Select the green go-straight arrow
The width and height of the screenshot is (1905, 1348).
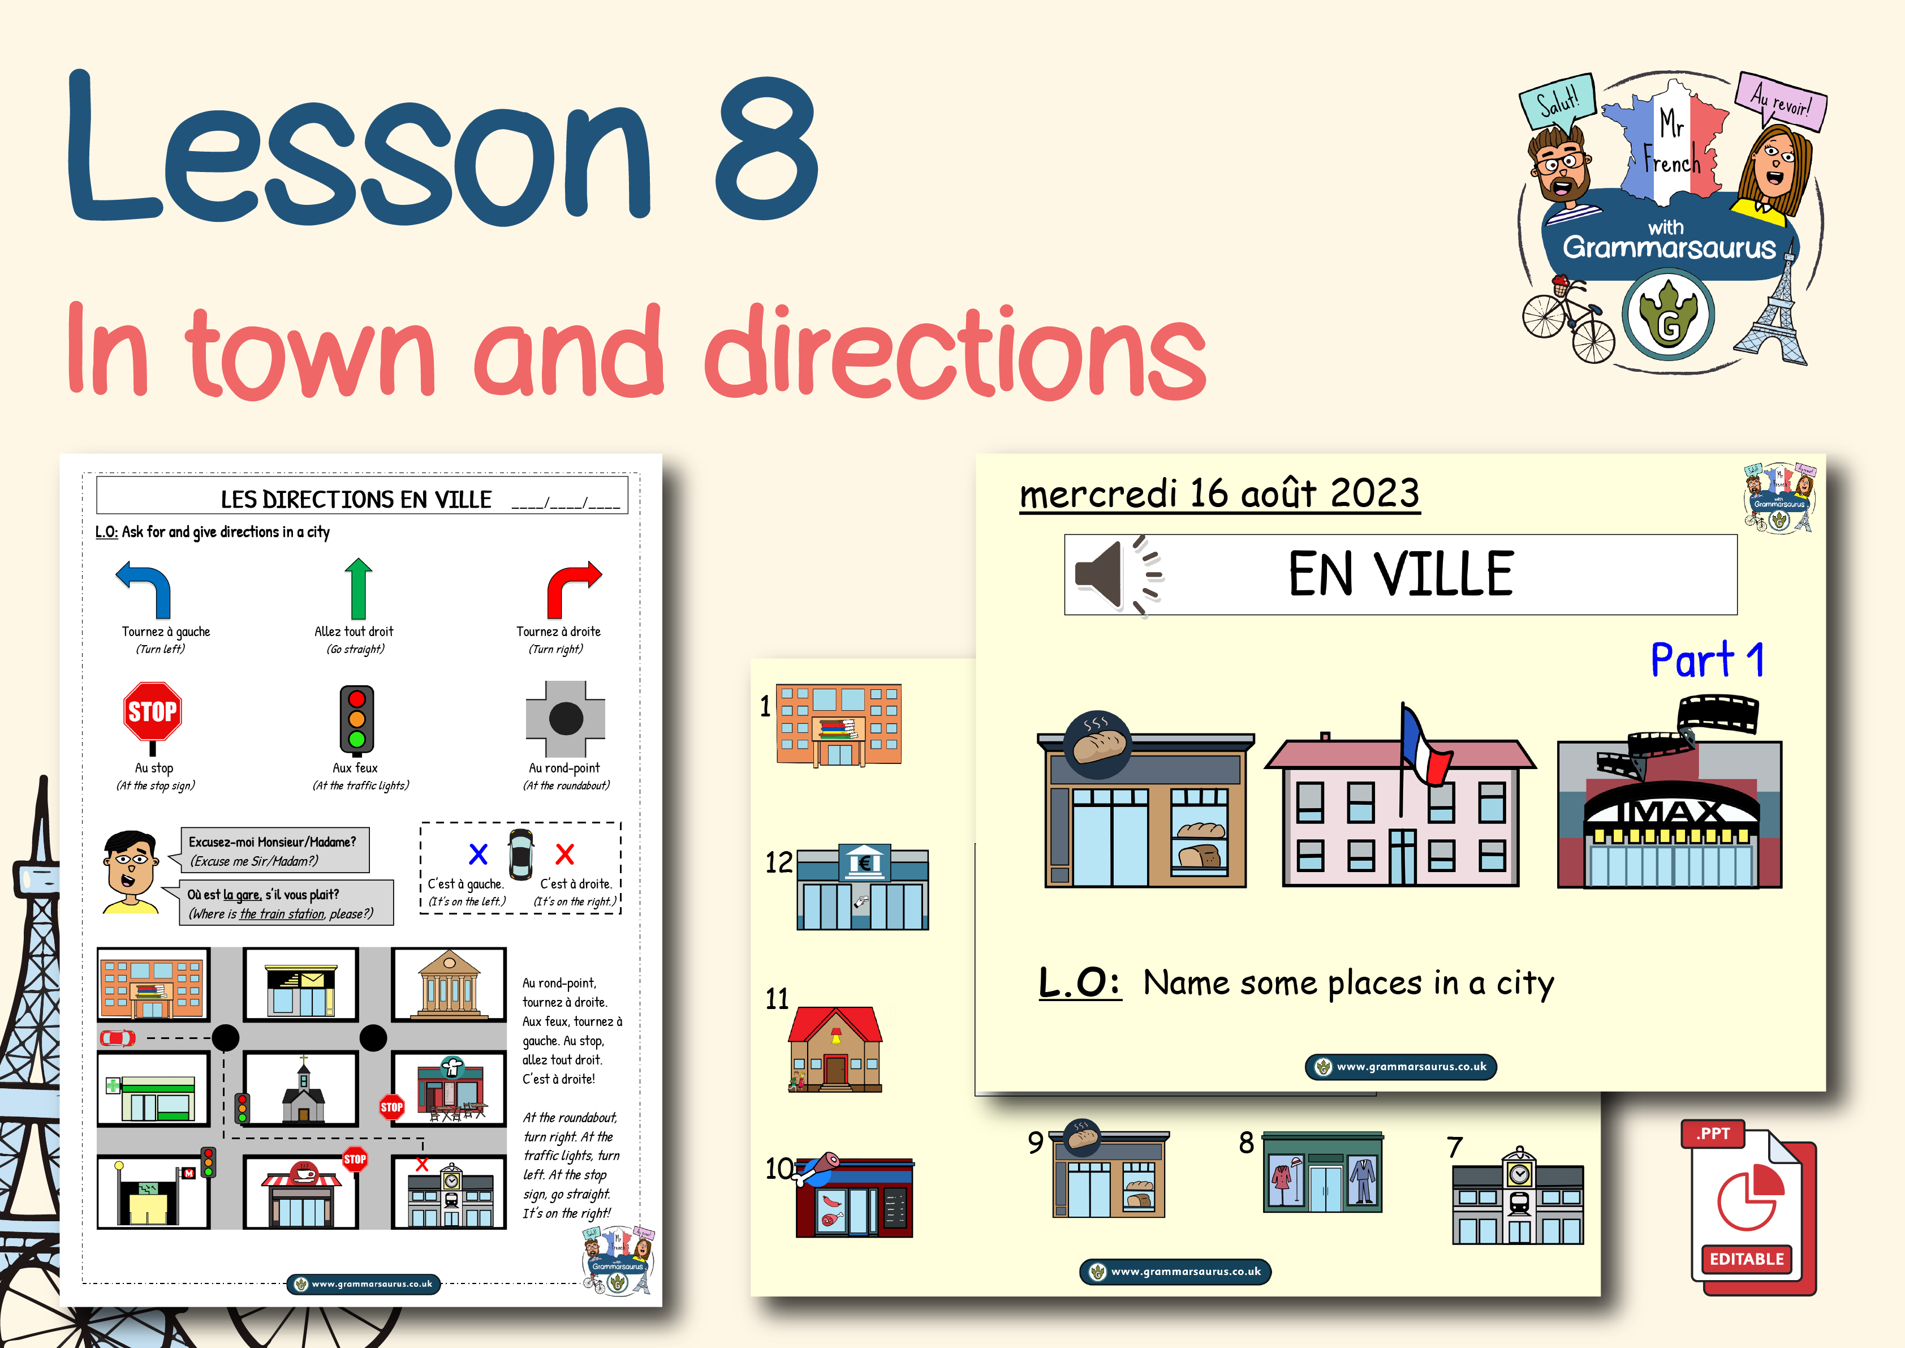359,589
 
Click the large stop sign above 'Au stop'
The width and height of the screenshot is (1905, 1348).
153,712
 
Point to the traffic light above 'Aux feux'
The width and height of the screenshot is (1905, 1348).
357,719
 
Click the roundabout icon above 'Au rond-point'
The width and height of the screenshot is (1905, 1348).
566,718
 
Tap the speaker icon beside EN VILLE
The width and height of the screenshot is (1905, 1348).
1117,574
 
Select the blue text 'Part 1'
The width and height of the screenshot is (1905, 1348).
1706,662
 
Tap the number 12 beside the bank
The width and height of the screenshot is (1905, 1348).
778,862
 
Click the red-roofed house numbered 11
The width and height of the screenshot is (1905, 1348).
835,1049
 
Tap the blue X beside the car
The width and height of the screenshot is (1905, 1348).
478,854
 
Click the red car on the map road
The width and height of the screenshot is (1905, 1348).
118,1037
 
